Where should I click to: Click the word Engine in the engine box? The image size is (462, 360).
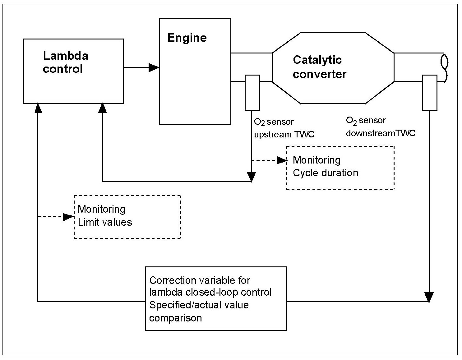point(187,38)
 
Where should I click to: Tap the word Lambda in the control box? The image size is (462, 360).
point(66,56)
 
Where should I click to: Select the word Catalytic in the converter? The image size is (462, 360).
point(317,60)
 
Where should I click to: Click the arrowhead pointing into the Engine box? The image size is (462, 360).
point(154,67)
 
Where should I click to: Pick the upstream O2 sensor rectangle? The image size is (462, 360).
point(252,92)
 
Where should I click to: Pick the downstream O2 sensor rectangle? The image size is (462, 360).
point(430,92)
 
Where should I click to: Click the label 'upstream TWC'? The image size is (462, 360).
point(284,134)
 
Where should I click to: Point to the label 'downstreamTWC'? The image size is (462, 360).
point(381,133)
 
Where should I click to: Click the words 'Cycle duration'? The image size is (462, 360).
point(326,173)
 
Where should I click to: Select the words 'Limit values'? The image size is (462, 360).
point(105,222)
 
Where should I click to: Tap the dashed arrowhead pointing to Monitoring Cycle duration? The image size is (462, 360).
point(282,160)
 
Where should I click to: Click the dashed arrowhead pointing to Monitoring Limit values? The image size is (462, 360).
point(68,217)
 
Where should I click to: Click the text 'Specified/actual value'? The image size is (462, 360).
point(199,305)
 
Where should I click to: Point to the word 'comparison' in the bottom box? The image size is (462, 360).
point(175,318)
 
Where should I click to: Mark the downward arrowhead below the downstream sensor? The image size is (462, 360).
point(429,297)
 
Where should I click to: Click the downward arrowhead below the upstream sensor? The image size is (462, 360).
point(251,177)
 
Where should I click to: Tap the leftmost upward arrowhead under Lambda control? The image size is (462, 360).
point(38,108)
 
